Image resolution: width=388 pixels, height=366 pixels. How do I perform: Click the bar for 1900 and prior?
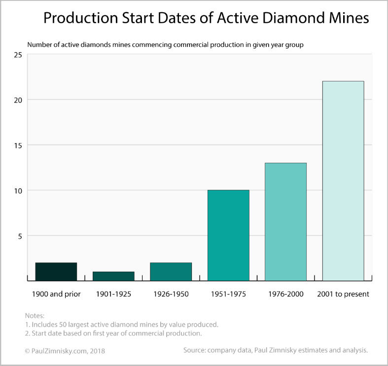click(56, 271)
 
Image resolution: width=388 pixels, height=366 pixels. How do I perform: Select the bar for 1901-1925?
click(113, 276)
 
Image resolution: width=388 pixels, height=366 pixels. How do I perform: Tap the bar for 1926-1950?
click(171, 271)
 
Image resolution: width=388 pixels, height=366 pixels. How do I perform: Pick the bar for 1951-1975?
click(228, 235)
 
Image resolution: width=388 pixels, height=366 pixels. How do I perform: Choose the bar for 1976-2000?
click(285, 221)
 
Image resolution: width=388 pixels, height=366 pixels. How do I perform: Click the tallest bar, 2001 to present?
click(343, 181)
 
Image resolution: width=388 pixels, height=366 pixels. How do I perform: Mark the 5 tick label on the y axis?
click(20, 236)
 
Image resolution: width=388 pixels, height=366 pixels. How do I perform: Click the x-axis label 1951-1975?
click(228, 294)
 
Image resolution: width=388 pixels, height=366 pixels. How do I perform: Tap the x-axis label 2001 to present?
click(343, 294)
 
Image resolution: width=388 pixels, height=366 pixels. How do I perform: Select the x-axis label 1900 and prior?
click(56, 294)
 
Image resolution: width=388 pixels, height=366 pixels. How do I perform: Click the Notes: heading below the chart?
click(35, 315)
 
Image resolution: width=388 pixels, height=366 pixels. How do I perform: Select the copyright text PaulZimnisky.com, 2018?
click(65, 351)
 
